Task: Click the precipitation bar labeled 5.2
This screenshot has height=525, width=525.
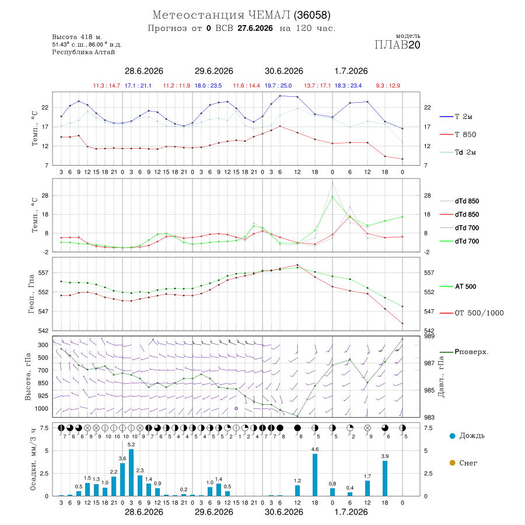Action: pyautogui.click(x=131, y=473)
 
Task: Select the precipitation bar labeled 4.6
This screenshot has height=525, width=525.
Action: pyautogui.click(x=315, y=475)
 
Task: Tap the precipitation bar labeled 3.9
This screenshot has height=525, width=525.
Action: pyautogui.click(x=385, y=478)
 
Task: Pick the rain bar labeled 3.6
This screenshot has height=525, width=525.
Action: pyautogui.click(x=123, y=480)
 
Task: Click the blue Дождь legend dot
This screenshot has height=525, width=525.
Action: pyautogui.click(x=452, y=436)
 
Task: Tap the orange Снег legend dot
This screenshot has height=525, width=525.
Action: pyautogui.click(x=452, y=463)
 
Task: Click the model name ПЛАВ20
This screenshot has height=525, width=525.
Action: pyautogui.click(x=397, y=45)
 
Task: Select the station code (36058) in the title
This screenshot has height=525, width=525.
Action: pyautogui.click(x=312, y=15)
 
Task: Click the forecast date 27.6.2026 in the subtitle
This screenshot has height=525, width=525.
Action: pyautogui.click(x=255, y=28)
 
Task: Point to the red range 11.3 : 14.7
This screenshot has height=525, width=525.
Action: pyautogui.click(x=107, y=86)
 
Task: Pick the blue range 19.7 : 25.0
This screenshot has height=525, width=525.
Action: pyautogui.click(x=278, y=86)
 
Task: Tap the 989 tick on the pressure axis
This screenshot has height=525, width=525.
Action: pyautogui.click(x=430, y=336)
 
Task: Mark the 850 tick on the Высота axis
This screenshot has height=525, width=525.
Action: pyautogui.click(x=43, y=383)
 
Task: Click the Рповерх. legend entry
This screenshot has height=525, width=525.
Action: pyautogui.click(x=464, y=352)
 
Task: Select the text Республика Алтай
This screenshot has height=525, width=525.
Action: pyautogui.click(x=83, y=52)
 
